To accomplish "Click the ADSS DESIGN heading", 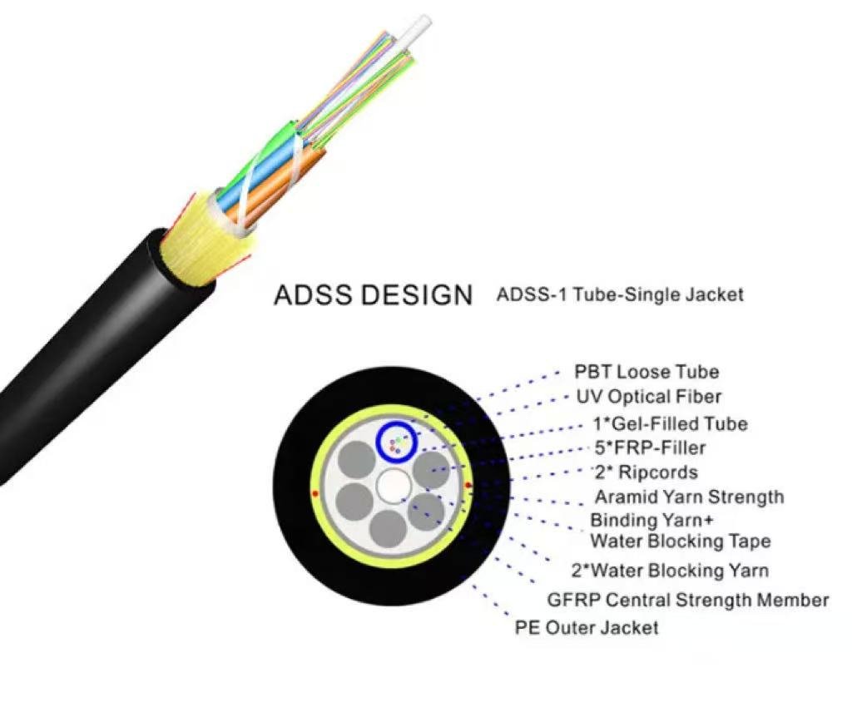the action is point(374,295).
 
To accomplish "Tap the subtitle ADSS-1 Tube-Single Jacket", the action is point(620,295).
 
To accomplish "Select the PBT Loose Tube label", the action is point(646,372).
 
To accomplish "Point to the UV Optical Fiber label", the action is point(649,397).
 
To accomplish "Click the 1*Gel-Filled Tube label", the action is point(671,423).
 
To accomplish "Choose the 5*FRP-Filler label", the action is point(650,448).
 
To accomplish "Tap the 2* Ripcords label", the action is point(646,472).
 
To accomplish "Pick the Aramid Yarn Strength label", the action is point(690,497).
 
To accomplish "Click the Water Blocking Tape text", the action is point(681,541).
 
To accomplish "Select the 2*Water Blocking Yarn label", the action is point(670,571).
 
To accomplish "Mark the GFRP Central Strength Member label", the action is point(688,600).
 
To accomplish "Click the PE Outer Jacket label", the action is point(587,628).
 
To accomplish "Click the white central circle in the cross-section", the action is point(394,486).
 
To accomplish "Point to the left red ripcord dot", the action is point(315,493).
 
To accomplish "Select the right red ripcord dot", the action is point(468,485).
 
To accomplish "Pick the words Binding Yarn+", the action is point(651,520).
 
